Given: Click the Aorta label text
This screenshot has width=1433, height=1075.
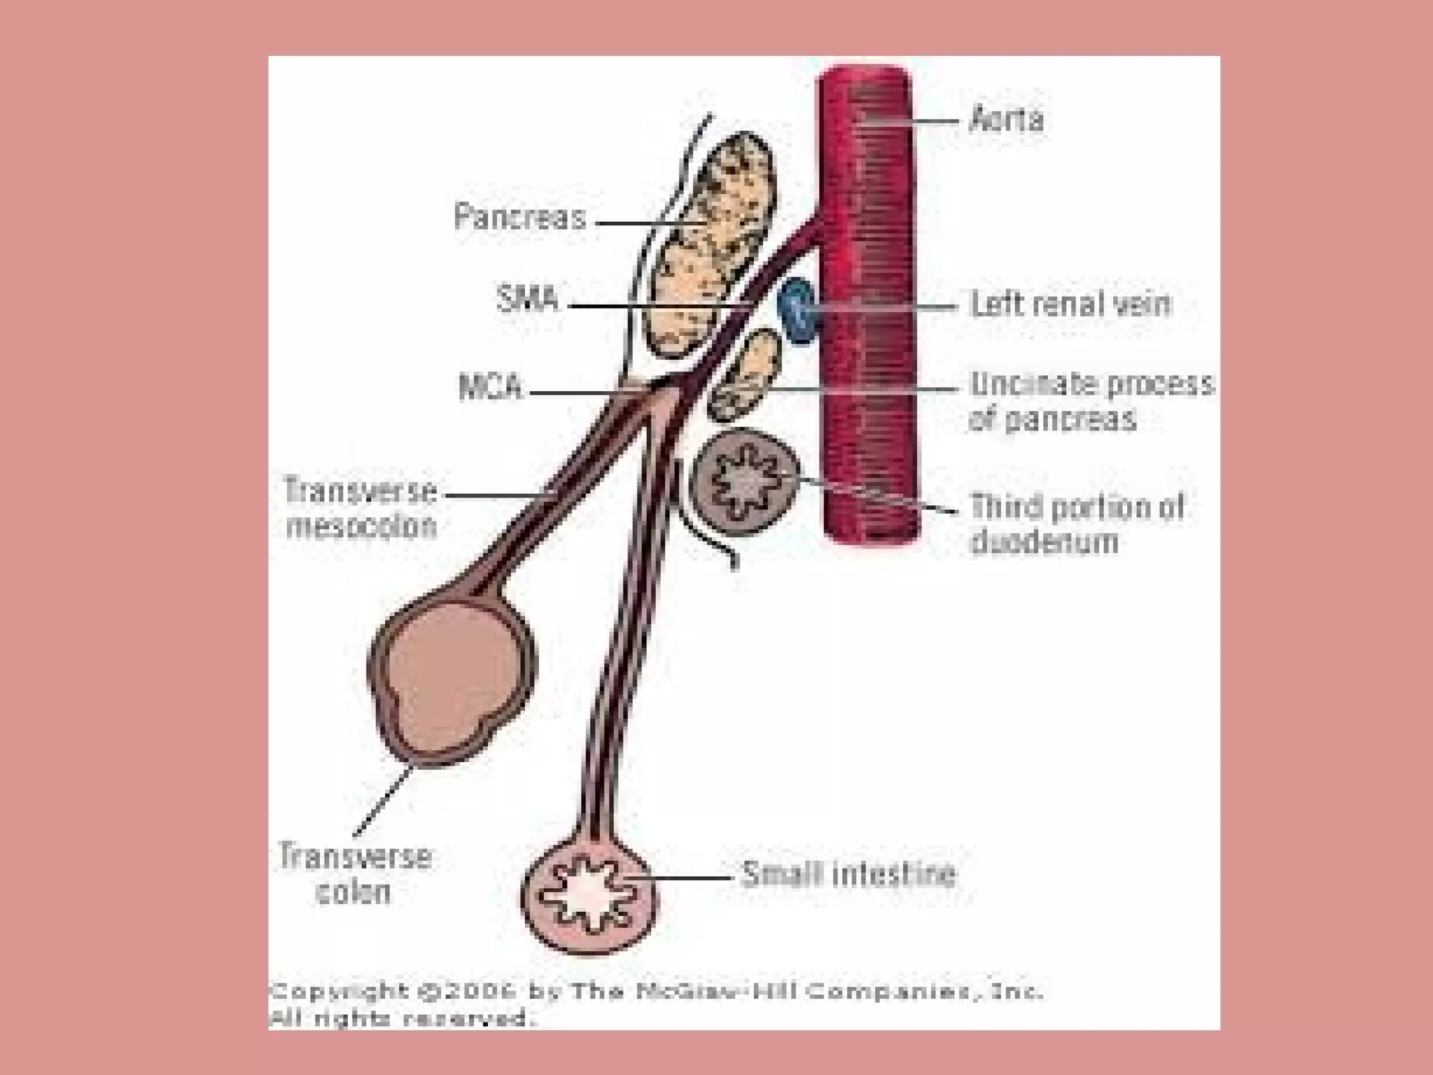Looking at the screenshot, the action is point(1006,120).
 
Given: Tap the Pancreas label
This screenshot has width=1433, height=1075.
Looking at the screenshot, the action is point(520,216).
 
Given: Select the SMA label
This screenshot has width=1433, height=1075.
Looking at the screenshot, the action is point(528,300).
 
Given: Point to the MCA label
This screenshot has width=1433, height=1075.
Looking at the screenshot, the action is point(490,387).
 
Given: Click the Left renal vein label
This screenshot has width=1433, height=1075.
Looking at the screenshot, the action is point(1071,304).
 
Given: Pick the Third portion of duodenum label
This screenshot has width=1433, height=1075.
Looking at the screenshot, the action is point(1076,524).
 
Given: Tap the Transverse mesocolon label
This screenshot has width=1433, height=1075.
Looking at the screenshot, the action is point(360,508).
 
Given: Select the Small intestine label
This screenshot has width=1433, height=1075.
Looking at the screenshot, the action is point(848,874).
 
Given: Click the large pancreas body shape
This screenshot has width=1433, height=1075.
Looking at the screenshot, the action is point(707,245).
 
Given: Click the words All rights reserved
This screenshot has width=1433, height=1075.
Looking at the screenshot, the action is point(402,1018).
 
